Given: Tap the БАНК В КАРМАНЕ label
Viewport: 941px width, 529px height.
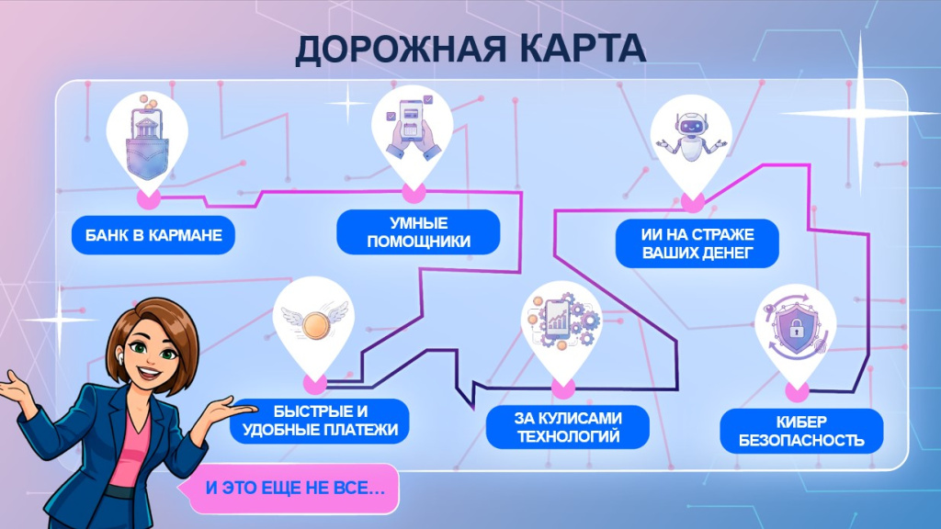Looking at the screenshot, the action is click(x=153, y=234).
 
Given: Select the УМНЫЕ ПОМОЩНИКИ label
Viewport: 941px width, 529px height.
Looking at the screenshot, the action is click(x=418, y=232).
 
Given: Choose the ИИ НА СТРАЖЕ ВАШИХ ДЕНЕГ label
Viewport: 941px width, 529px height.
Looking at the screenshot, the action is click(x=697, y=242).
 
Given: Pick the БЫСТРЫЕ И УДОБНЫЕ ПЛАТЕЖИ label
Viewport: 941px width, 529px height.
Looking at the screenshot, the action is click(x=319, y=421).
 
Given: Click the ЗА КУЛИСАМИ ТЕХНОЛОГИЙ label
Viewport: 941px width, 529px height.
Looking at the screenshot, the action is click(x=568, y=427).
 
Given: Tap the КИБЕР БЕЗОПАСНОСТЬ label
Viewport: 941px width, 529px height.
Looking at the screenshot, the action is click(x=801, y=431).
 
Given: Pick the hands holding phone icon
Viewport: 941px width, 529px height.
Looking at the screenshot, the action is click(x=412, y=129).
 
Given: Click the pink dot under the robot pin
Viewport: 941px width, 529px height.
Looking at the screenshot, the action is click(x=692, y=202).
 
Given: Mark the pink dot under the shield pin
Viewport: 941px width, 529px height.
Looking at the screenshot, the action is click(x=797, y=392).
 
